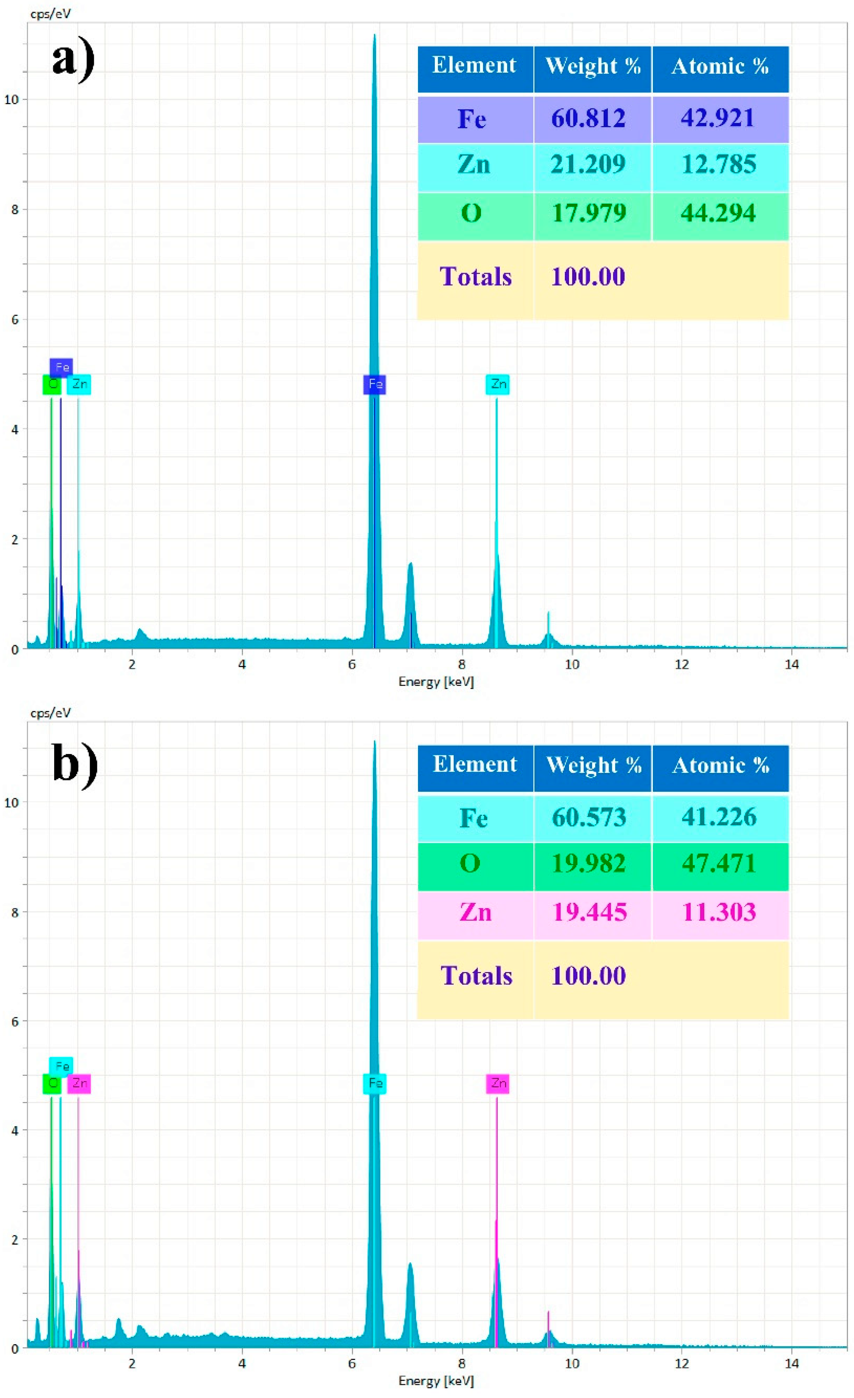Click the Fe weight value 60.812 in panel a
coord(588,118)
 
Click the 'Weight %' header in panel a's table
coord(593,67)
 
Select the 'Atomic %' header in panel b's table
coord(720,766)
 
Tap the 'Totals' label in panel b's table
coord(476,976)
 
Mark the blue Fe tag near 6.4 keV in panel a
coord(375,384)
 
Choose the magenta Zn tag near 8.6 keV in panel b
coord(498,1083)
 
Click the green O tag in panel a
coord(52,384)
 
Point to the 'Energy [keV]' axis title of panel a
coord(435,681)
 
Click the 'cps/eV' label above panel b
coord(50,712)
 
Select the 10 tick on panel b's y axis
coord(12,802)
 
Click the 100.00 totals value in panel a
coord(588,277)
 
